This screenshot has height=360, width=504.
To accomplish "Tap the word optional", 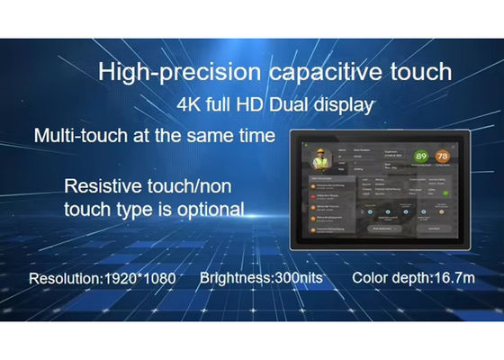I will (x=208, y=210).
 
